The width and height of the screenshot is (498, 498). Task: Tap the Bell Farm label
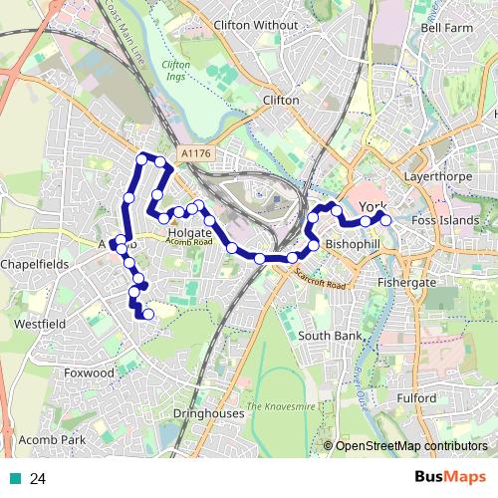(446, 29)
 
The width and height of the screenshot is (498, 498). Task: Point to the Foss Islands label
(444, 220)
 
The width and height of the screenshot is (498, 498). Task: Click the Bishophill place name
(354, 244)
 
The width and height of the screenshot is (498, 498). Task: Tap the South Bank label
(330, 337)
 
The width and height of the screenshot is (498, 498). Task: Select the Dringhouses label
(208, 412)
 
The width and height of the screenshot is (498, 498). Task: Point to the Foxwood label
(91, 373)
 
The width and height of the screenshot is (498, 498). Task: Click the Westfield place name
(39, 325)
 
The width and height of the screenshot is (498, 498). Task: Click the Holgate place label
(190, 232)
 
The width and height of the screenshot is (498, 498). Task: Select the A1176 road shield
(196, 153)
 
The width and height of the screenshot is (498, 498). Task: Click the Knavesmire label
(282, 406)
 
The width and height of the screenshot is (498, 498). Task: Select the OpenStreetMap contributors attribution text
(410, 446)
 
